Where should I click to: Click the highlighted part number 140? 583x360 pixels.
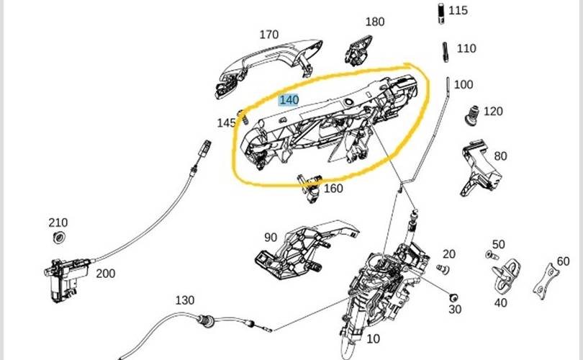(x=289, y=99)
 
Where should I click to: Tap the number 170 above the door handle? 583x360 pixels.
(x=268, y=35)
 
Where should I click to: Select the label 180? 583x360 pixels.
(x=375, y=22)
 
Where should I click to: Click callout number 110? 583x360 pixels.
(x=466, y=48)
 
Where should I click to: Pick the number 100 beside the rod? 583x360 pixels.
(x=464, y=84)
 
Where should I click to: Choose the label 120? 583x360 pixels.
(x=493, y=112)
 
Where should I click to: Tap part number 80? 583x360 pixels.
(x=500, y=156)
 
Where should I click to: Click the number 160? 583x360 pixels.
(x=333, y=189)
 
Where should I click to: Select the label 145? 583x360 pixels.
(x=226, y=123)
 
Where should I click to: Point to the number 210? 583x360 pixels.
(x=58, y=222)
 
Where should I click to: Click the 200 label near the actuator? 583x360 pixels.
(x=105, y=274)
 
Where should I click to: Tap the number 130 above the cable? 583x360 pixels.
(x=185, y=300)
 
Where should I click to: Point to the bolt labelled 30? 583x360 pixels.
(x=453, y=297)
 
